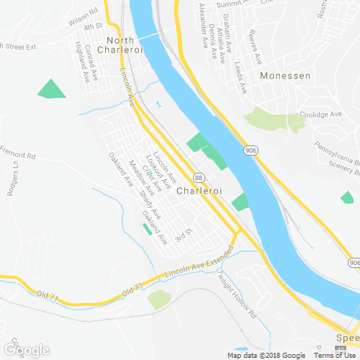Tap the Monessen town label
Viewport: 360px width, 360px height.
(286, 76)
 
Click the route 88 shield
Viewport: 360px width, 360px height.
(198, 177)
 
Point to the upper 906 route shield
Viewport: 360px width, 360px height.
(251, 150)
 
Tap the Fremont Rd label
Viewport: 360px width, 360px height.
(18, 155)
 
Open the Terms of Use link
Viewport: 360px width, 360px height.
(337, 355)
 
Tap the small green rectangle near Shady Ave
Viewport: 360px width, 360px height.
(148, 229)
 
